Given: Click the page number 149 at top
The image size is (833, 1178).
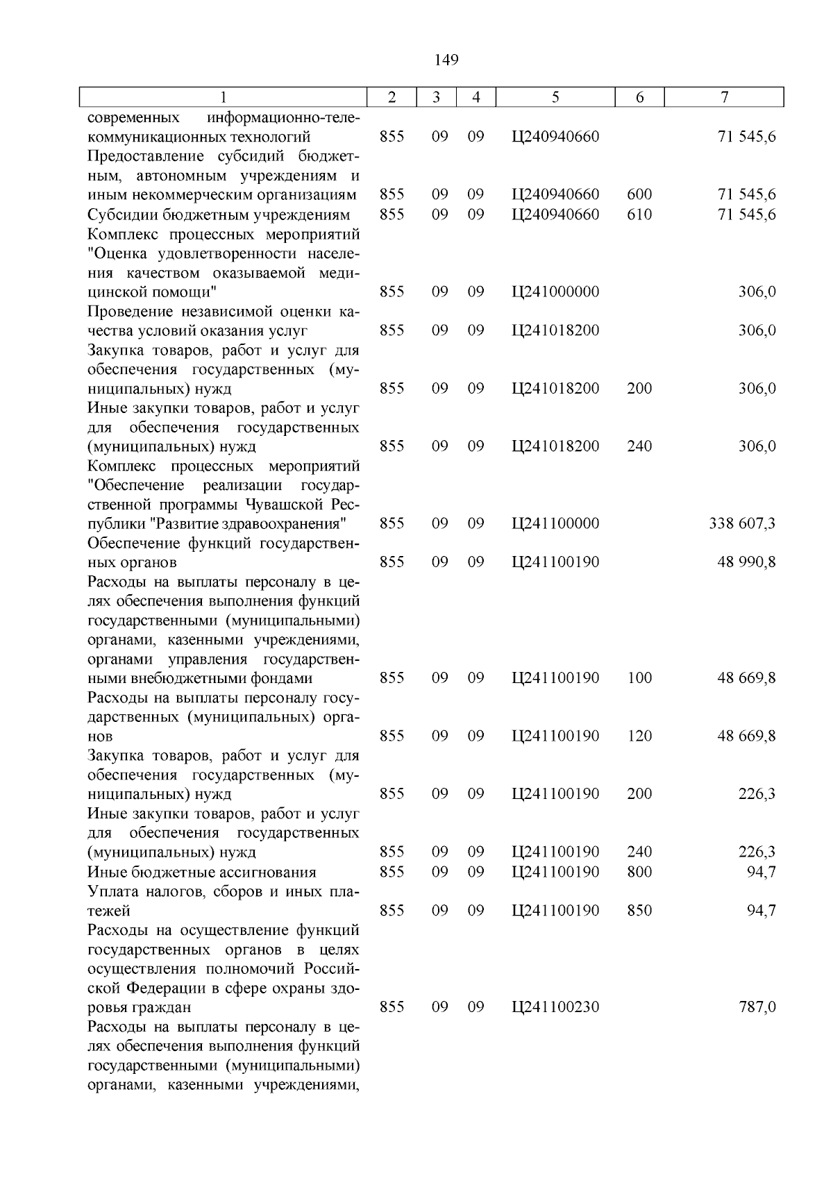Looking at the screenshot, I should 446,60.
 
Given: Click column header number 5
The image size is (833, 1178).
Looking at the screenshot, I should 555,98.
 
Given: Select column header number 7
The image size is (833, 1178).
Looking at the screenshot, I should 724,98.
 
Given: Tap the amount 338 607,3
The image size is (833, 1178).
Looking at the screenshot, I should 742,523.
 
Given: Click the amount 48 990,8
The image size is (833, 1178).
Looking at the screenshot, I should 746,562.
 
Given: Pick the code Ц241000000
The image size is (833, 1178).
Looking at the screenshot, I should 555,292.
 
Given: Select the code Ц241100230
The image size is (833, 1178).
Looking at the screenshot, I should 555,1007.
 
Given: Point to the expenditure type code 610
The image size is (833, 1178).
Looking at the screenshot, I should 639,214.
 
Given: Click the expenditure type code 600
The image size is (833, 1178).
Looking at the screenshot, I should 639,195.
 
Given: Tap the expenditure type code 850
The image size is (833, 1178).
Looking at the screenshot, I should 639,910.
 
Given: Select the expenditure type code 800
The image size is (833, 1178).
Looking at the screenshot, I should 639,872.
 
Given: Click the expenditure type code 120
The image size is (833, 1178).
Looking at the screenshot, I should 639,736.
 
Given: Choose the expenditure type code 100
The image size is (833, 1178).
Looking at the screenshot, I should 639,678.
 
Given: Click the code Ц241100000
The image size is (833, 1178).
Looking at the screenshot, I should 555,523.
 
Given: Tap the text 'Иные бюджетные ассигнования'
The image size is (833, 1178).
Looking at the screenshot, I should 201,872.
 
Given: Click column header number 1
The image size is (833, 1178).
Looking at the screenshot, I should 223,98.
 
